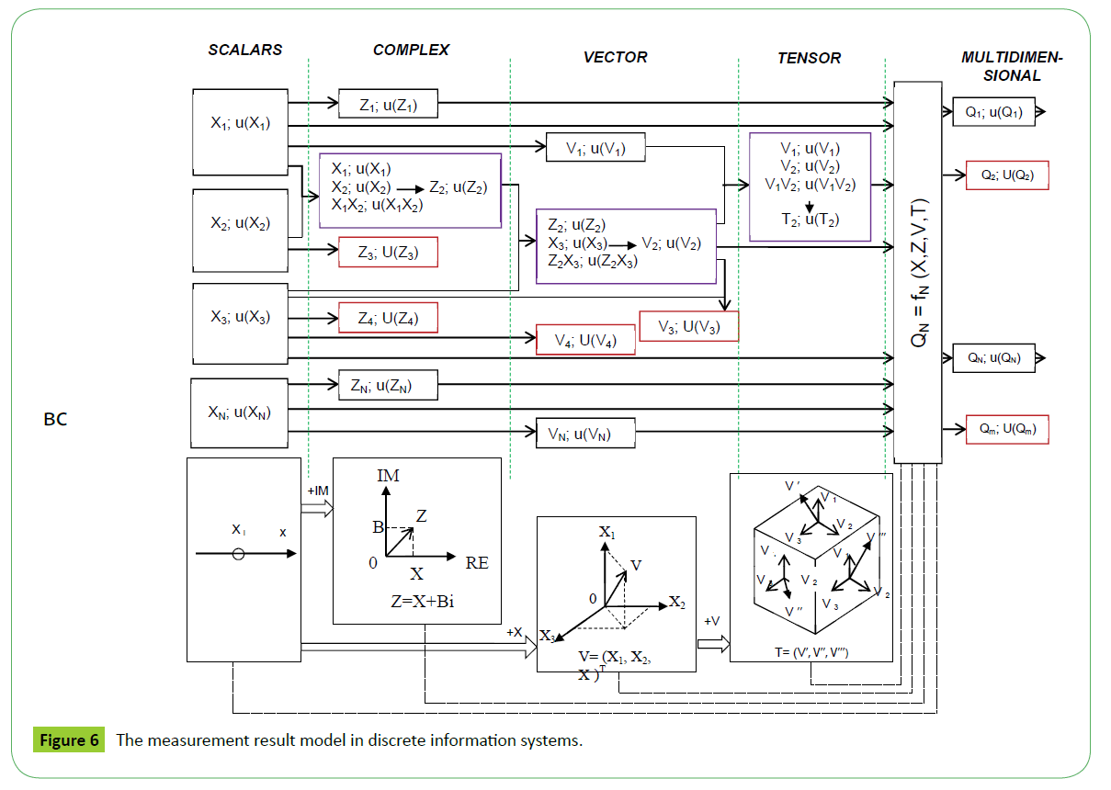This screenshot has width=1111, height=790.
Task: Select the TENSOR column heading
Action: click(x=809, y=58)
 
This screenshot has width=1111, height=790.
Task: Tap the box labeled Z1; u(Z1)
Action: click(x=388, y=105)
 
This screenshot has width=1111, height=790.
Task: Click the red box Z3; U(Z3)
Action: click(x=388, y=253)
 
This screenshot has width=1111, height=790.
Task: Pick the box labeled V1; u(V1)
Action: click(x=595, y=147)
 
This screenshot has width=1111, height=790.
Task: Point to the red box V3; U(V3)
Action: click(x=688, y=326)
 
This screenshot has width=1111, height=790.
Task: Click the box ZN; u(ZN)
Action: click(x=388, y=386)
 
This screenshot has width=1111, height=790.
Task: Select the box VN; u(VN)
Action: click(x=585, y=432)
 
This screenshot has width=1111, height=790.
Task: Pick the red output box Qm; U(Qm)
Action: click(x=1007, y=428)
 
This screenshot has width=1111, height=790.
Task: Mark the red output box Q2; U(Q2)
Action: click(x=1007, y=175)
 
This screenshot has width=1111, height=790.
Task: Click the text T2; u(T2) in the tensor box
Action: click(x=810, y=220)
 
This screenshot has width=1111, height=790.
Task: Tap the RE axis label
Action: click(x=476, y=563)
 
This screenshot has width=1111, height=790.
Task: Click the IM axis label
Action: click(x=389, y=475)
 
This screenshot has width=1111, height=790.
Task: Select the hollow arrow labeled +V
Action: click(x=712, y=642)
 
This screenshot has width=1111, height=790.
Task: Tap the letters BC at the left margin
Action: click(x=55, y=421)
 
